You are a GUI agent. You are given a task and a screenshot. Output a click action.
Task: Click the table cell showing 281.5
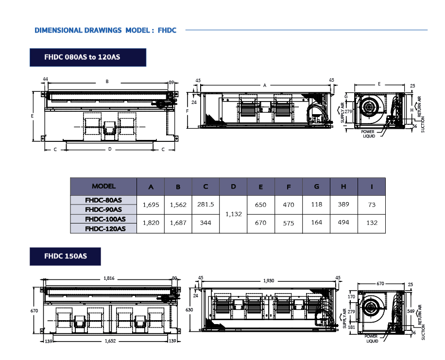(x=205, y=205)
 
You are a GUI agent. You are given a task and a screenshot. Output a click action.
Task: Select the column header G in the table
(x=316, y=187)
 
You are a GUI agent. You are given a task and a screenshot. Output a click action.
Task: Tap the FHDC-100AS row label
(x=103, y=219)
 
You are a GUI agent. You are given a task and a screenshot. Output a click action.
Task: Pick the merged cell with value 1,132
(x=233, y=214)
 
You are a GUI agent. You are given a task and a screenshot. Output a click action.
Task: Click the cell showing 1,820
(x=151, y=223)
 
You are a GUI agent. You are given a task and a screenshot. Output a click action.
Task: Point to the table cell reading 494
(x=343, y=223)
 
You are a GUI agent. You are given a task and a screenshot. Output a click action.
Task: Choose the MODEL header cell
(x=103, y=187)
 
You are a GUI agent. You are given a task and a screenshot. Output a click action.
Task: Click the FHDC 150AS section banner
(x=65, y=257)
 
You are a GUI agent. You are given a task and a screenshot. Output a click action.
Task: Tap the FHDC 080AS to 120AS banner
(x=88, y=57)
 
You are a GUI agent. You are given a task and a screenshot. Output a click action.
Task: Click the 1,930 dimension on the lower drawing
(x=269, y=281)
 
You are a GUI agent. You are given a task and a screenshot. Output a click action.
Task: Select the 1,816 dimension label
(x=109, y=278)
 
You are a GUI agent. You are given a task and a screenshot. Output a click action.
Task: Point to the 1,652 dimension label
(x=110, y=341)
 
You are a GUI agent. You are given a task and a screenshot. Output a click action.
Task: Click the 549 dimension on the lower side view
(x=411, y=311)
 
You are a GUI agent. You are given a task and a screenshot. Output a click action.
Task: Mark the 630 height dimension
(x=189, y=310)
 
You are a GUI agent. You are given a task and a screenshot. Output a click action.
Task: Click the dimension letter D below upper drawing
(x=110, y=149)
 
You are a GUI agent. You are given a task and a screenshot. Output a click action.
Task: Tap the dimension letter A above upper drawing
(x=265, y=85)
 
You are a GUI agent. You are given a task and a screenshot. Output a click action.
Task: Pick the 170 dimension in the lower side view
(x=351, y=297)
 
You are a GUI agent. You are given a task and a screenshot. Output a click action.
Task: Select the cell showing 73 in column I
(x=372, y=205)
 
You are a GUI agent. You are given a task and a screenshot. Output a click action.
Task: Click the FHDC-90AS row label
(x=103, y=209)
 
